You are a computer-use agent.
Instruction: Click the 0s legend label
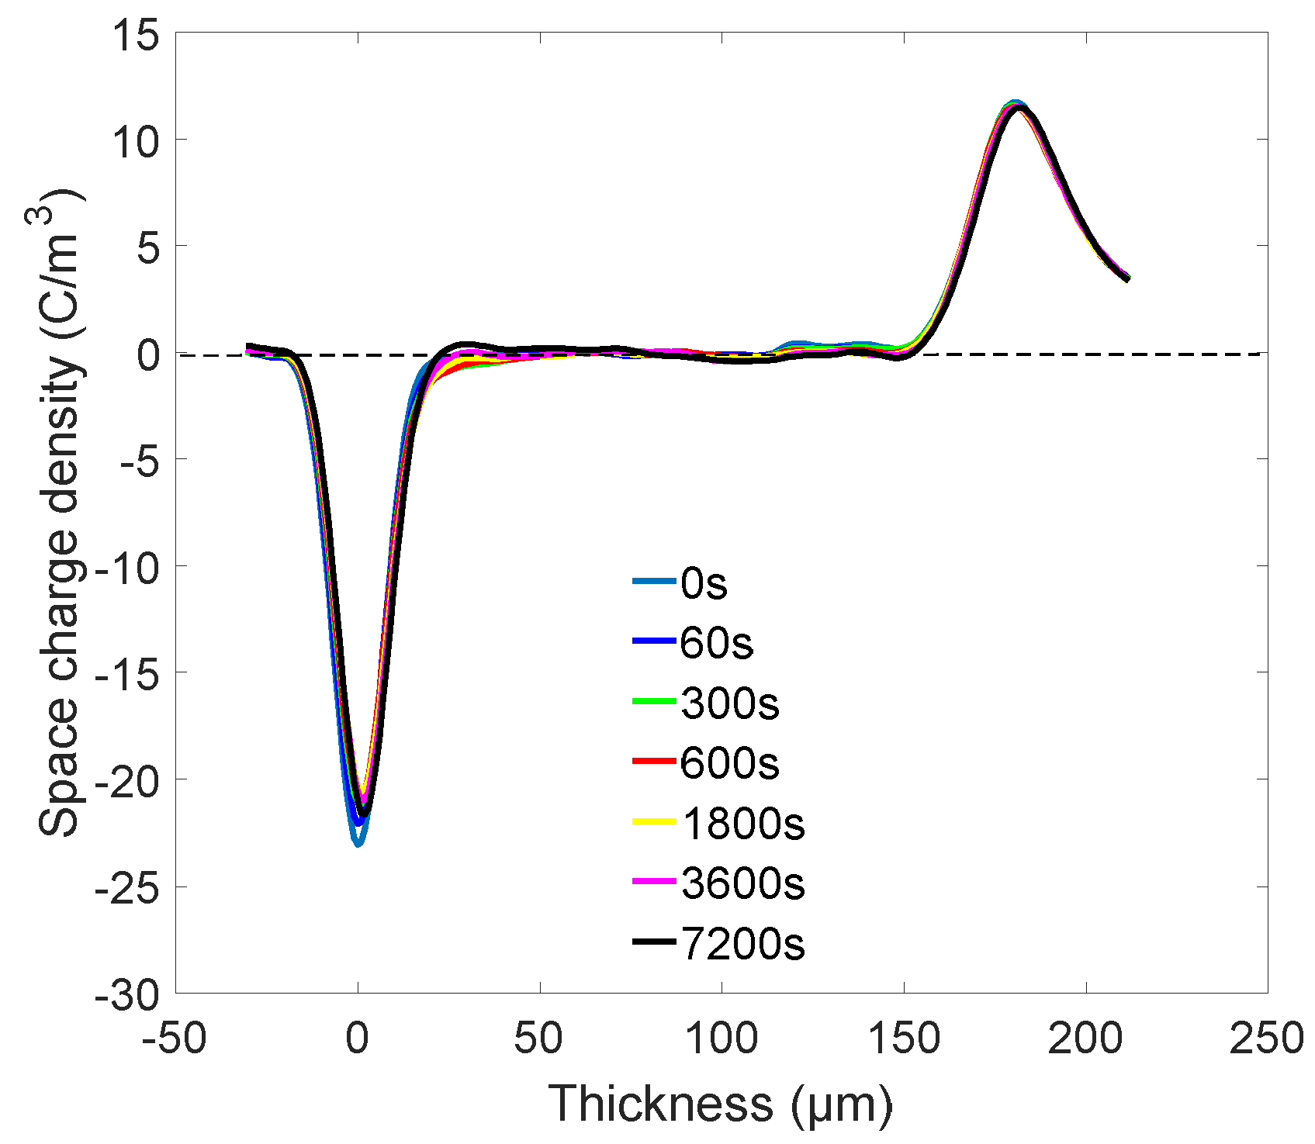704,583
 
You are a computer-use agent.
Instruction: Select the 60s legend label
716,643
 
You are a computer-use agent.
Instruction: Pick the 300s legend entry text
730,703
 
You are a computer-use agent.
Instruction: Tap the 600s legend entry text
730,763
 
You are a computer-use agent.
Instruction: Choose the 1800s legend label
743,824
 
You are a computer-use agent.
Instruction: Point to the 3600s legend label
743,883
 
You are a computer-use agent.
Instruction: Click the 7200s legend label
743,944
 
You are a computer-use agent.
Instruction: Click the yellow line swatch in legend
654,821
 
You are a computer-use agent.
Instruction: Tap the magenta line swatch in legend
654,882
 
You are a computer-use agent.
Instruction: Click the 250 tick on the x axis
1266,1039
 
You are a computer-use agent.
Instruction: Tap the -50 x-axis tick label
175,1039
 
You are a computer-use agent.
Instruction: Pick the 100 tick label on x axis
722,1039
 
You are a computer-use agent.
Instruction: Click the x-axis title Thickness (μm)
720,1104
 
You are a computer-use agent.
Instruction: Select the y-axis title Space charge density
58,512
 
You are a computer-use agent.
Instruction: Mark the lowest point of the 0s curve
358,843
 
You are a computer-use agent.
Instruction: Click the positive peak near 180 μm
1014,105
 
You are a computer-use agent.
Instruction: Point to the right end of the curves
1127,278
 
